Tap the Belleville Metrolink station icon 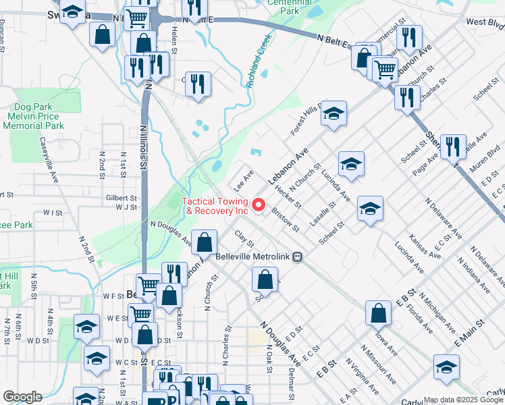(x=306, y=256)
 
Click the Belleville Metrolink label (x=258, y=256)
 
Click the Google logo (x=22, y=397)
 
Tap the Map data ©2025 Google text (x=463, y=400)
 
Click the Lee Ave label (x=243, y=179)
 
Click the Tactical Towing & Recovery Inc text (x=217, y=206)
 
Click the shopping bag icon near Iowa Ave (x=378, y=313)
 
